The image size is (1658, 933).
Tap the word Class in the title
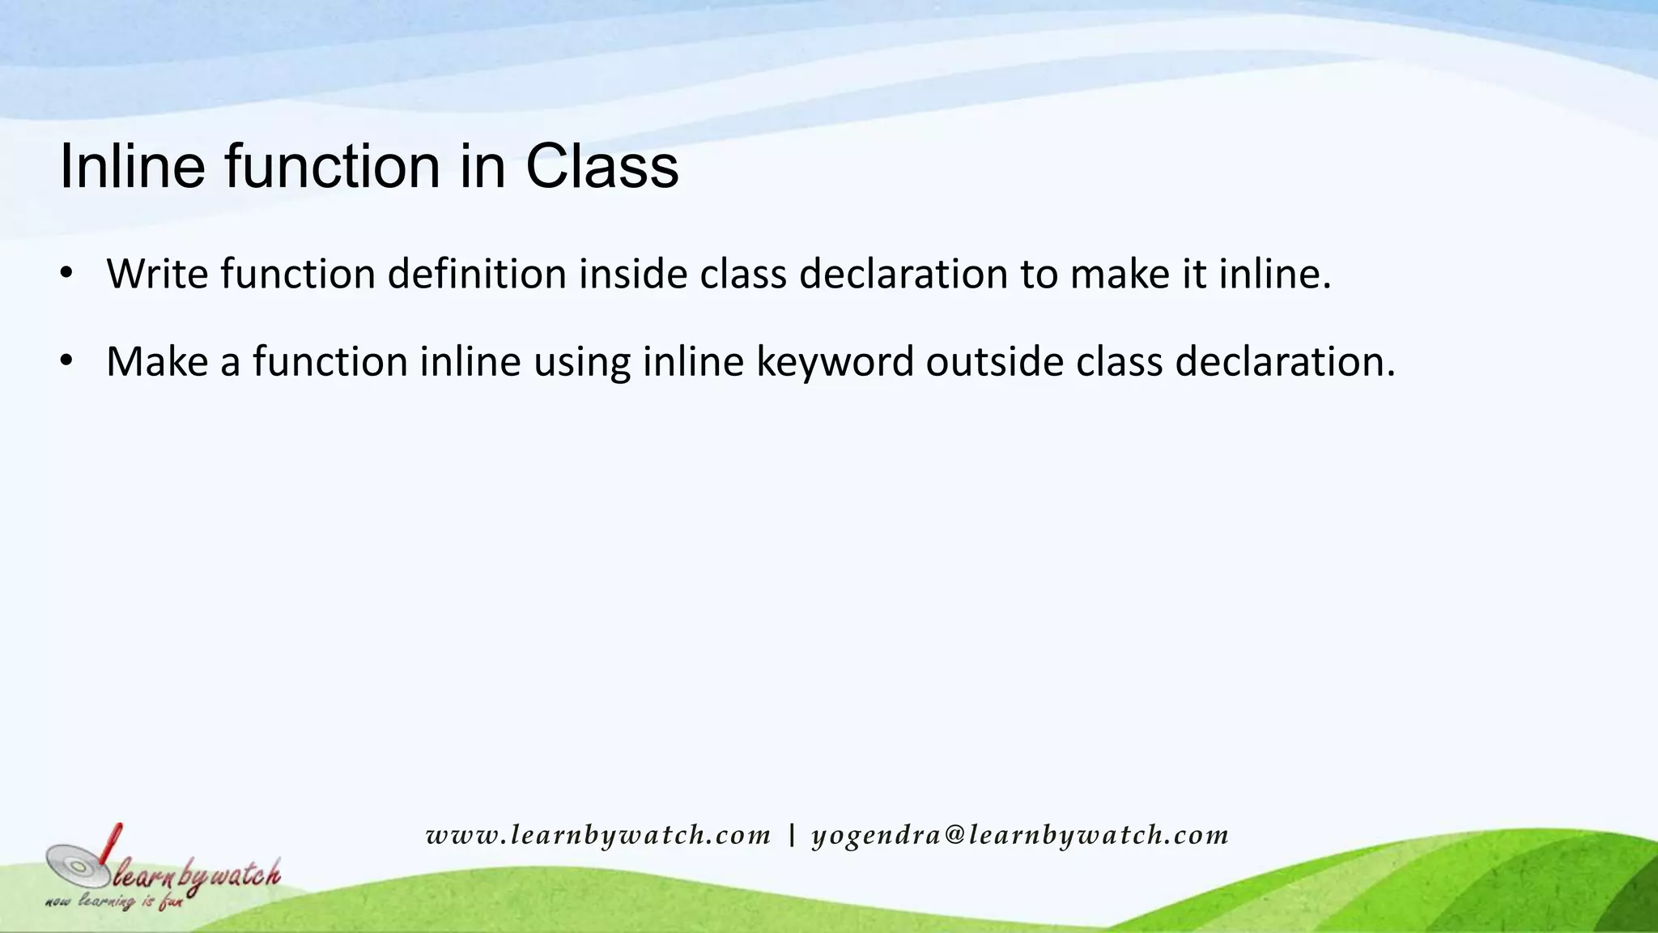pyautogui.click(x=602, y=167)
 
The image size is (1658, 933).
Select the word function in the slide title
pyautogui.click(x=333, y=167)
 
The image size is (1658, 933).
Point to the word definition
pyautogui.click(x=477, y=274)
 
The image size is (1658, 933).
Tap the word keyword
pyautogui.click(x=835, y=361)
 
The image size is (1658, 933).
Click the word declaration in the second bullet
pyautogui.click(x=1286, y=361)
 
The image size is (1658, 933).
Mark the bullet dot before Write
pyautogui.click(x=66, y=273)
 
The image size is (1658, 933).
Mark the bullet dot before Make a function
pyautogui.click(x=66, y=360)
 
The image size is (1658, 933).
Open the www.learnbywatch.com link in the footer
pyautogui.click(x=598, y=836)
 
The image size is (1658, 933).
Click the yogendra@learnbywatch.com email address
pyautogui.click(x=1020, y=836)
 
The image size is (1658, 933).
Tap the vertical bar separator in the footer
pyautogui.click(x=792, y=836)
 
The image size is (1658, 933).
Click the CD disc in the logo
pyautogui.click(x=78, y=867)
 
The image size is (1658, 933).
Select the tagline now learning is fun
pyautogui.click(x=114, y=901)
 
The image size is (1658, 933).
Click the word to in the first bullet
pyautogui.click(x=1038, y=274)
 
